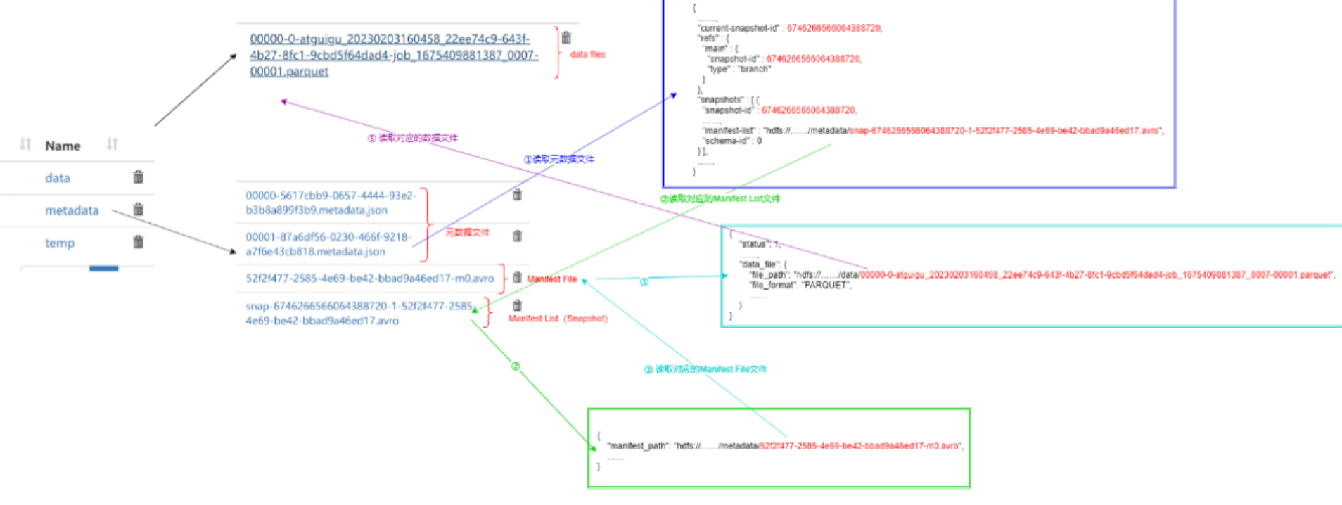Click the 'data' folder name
(57, 178)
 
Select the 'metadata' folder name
(72, 210)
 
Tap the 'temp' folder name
(60, 243)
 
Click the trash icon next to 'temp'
(139, 242)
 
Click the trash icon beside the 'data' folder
(139, 177)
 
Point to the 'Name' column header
(63, 146)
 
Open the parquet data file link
(394, 55)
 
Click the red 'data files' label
(587, 54)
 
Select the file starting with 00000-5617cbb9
(331, 203)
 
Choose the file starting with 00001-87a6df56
(328, 244)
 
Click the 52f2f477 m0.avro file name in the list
(369, 279)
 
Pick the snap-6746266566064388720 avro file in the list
(359, 313)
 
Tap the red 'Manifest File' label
(551, 279)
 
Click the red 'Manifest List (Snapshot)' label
(558, 319)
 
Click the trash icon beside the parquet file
(566, 38)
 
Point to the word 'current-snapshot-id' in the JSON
(739, 28)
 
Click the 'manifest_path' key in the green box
(637, 446)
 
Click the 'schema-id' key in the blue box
(727, 141)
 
